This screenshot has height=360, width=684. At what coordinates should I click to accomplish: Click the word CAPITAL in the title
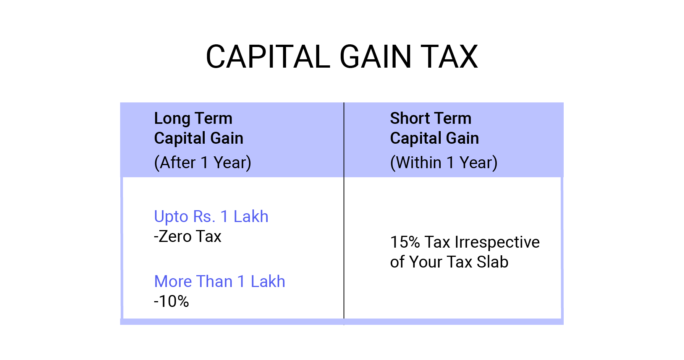268,57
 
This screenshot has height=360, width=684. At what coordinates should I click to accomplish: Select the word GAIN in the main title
375,57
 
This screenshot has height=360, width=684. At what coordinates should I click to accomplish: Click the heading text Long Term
193,118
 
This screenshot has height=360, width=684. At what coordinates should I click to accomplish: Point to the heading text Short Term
430,118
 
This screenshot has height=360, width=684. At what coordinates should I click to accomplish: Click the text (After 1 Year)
202,163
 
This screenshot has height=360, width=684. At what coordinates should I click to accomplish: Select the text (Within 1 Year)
443,163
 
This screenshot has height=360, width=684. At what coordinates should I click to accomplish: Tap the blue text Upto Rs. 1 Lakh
211,217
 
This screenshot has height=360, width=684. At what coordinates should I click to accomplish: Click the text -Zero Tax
188,237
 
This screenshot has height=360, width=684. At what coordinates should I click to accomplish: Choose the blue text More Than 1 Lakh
219,282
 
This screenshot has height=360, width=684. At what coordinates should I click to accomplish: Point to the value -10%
171,302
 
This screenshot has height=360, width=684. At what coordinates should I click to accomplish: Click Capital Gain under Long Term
199,138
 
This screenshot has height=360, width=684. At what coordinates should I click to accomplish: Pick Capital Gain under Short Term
434,138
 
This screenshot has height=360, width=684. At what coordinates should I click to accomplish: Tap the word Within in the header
419,163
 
